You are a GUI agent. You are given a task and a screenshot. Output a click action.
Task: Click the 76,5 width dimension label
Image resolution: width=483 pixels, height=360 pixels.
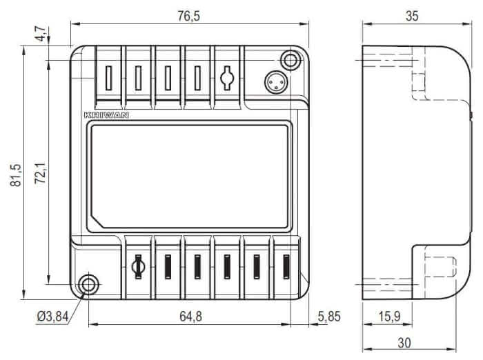tap(188, 16)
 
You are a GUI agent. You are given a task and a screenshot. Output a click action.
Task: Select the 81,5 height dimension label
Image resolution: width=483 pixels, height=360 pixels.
tap(16, 175)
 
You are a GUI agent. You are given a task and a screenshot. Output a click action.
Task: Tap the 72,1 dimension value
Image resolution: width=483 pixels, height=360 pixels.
tap(40, 173)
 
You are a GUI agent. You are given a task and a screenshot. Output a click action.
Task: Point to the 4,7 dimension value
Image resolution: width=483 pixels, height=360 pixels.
tap(40, 34)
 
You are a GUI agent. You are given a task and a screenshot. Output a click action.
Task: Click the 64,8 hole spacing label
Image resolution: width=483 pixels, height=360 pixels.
tap(190, 317)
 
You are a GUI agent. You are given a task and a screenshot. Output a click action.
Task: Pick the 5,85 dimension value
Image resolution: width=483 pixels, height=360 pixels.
tap(329, 317)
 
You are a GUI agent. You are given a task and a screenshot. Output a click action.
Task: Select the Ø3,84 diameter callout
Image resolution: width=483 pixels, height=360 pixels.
tap(52, 317)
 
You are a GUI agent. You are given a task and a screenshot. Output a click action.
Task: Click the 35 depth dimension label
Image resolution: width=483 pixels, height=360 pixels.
tap(412, 16)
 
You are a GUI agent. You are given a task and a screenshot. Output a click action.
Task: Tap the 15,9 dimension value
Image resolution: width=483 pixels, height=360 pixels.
tap(389, 317)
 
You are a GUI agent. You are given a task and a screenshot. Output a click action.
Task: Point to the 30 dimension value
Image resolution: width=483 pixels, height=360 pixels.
tap(404, 343)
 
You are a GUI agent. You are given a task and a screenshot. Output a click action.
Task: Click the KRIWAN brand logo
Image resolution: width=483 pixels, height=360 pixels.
tap(106, 115)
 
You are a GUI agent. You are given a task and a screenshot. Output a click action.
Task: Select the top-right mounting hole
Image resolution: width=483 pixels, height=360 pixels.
tap(290, 60)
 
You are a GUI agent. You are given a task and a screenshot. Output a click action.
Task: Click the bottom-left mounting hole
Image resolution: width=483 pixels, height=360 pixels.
tap(89, 284)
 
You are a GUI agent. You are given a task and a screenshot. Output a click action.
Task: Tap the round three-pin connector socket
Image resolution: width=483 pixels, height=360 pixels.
tap(276, 82)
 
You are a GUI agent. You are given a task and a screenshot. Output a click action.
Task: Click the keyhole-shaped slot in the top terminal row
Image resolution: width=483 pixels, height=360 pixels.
tap(227, 78)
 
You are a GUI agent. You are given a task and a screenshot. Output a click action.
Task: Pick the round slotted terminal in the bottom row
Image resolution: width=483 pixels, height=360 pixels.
tap(138, 267)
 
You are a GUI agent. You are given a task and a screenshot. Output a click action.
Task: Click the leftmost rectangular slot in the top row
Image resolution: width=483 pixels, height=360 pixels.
tap(108, 78)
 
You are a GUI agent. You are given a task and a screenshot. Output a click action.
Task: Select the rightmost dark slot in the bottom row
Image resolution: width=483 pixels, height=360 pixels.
tap(286, 267)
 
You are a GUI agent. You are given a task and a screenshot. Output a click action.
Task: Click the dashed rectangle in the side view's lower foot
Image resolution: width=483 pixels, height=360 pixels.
tap(440, 267)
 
